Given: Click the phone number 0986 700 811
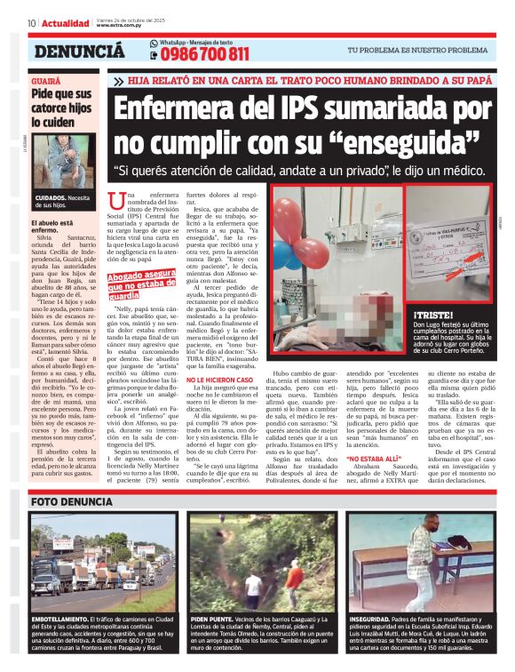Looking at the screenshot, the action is point(204,55).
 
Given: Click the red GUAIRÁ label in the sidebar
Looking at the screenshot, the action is point(46,80).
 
